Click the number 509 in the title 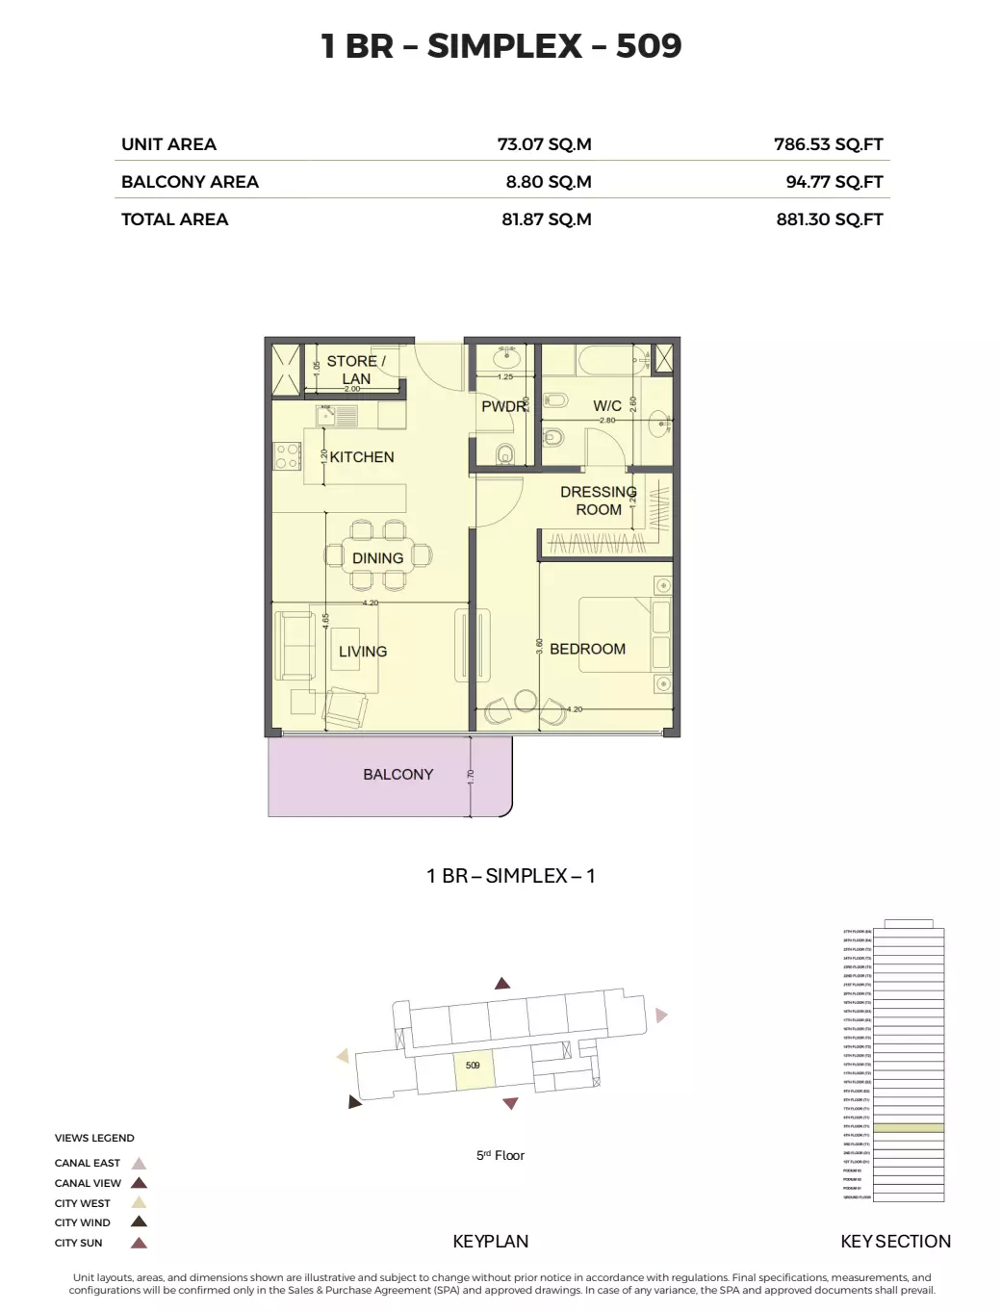click(x=648, y=45)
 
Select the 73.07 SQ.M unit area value click(x=544, y=144)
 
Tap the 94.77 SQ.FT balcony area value click(x=834, y=182)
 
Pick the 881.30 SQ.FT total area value click(x=829, y=219)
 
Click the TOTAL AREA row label click(x=174, y=219)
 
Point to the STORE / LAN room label click(x=355, y=370)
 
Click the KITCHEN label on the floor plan click(x=362, y=457)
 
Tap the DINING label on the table click(x=377, y=558)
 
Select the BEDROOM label click(x=587, y=649)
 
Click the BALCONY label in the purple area click(x=398, y=774)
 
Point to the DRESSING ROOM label click(x=598, y=501)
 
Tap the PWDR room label click(x=503, y=406)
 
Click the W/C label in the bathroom click(x=606, y=406)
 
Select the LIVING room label click(x=362, y=652)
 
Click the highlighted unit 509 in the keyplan click(x=474, y=1070)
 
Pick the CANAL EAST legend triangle click(x=139, y=1163)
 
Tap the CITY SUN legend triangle click(x=139, y=1243)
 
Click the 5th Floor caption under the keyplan click(x=500, y=1155)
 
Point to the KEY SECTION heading click(x=895, y=1242)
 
